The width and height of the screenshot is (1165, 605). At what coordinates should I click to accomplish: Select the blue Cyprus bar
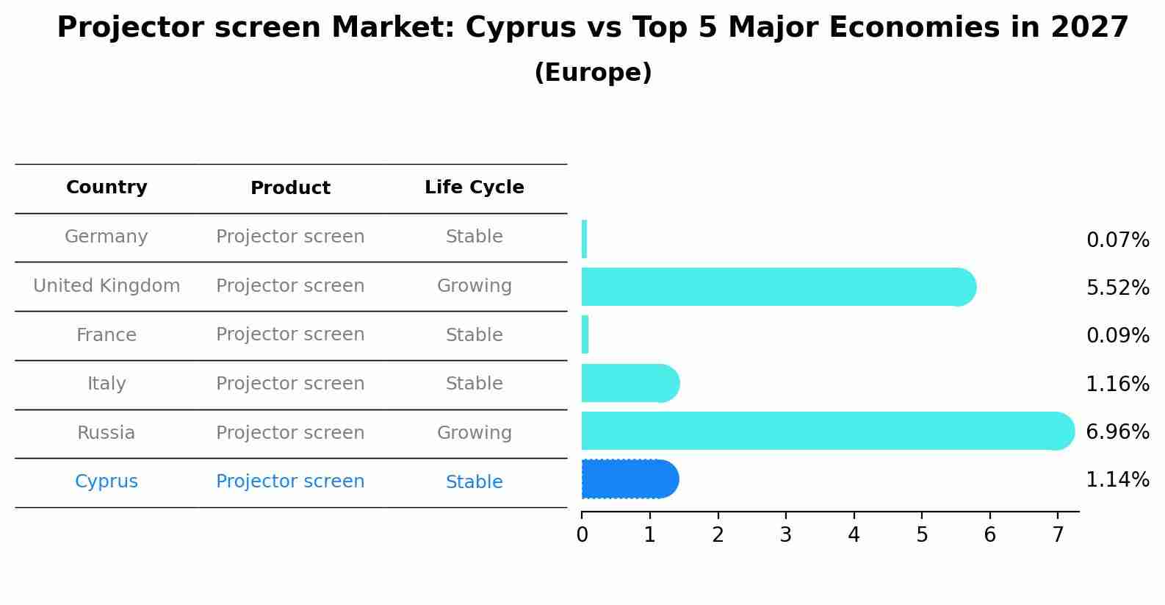pos(628,479)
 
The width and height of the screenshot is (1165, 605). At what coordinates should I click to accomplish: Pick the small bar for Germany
pos(584,239)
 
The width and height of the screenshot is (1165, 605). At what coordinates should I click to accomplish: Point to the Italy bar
pos(628,383)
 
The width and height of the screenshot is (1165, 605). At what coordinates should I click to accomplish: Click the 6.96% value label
pos(1117,432)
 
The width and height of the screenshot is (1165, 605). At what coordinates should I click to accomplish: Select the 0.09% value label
pos(1117,336)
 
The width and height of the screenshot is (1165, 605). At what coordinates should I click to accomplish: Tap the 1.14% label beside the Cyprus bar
pos(1117,480)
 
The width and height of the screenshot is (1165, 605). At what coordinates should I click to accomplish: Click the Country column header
pos(107,187)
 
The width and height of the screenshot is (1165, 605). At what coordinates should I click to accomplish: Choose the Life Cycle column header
pos(474,187)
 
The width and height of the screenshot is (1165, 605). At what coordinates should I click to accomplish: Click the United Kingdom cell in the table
pos(107,286)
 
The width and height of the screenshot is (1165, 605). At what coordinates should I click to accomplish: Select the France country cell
pos(107,335)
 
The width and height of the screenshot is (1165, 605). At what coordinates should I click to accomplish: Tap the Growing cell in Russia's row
pos(474,433)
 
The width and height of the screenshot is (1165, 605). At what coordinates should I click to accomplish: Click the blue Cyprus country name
pos(107,482)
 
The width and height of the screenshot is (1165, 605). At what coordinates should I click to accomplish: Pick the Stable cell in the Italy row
pos(474,384)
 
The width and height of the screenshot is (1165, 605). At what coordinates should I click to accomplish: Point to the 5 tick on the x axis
pos(922,535)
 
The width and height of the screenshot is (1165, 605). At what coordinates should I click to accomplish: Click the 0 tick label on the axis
pos(582,535)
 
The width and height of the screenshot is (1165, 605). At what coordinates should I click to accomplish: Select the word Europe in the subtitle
pos(593,73)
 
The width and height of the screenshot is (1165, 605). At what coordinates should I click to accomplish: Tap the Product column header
pos(290,188)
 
